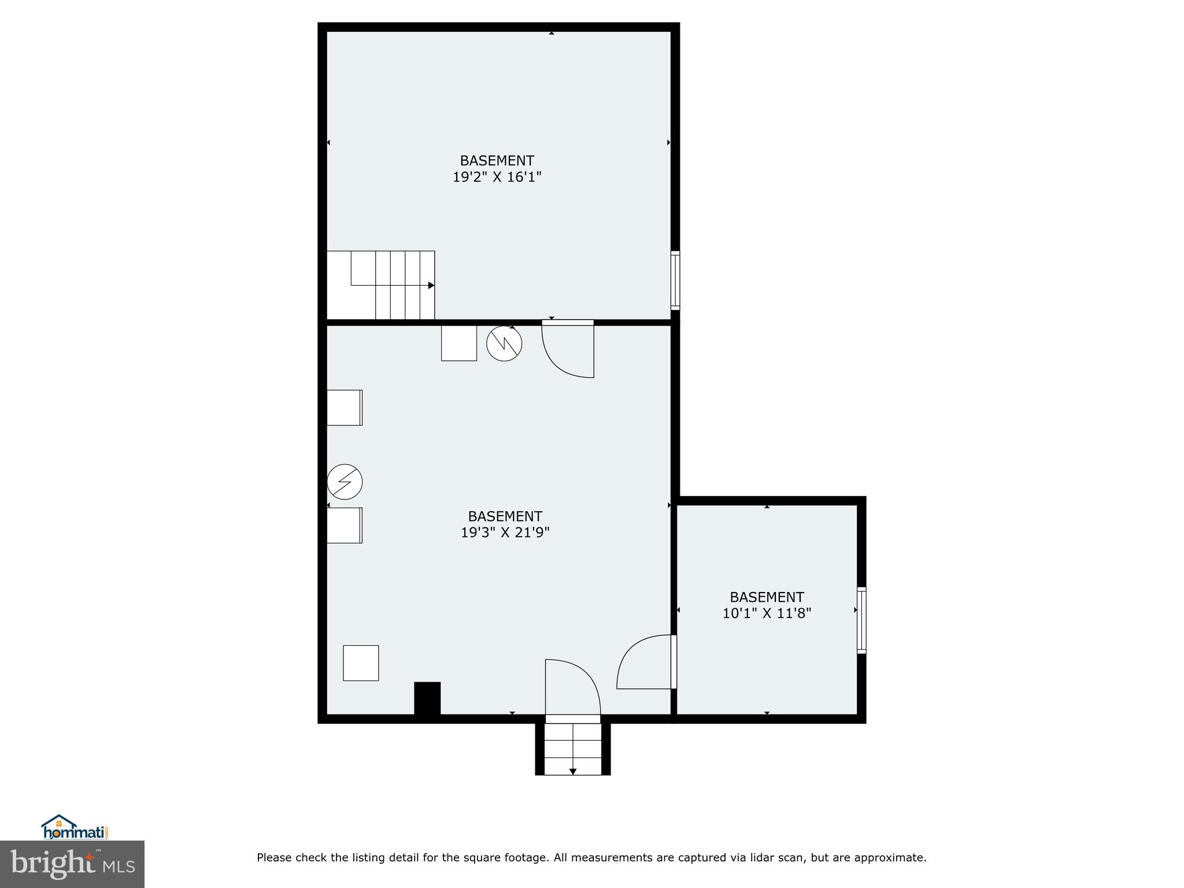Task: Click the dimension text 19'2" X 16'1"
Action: coord(497,177)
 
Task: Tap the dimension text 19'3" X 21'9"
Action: coord(505,532)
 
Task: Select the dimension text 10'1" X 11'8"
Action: coord(767,613)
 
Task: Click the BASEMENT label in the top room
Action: coord(497,161)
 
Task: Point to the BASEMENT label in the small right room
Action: coord(767,597)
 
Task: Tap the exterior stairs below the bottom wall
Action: coord(572,749)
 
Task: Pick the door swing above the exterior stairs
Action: coord(572,688)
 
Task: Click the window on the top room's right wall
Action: coord(675,280)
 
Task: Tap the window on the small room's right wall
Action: coord(861,620)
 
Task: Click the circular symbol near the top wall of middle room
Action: coord(504,344)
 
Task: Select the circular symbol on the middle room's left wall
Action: coord(345,482)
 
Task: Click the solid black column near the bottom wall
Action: coord(427,699)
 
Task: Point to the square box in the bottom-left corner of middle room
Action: coord(361,663)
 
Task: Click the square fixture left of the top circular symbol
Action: coord(459,343)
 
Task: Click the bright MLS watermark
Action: coord(72,864)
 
